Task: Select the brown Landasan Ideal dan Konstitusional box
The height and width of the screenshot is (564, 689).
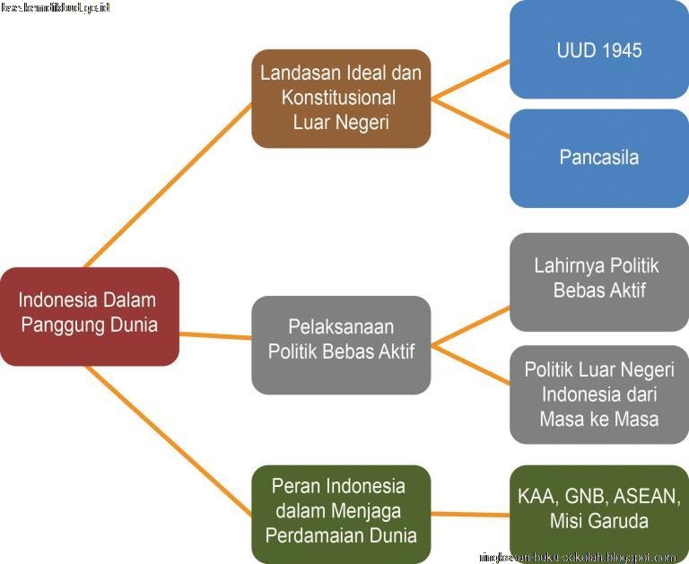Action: (341, 98)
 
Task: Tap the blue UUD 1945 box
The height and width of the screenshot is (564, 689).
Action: (598, 49)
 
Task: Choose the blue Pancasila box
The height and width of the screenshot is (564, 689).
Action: (598, 158)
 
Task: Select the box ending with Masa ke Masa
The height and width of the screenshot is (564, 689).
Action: (598, 395)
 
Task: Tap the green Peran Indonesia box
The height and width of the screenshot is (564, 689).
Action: (341, 512)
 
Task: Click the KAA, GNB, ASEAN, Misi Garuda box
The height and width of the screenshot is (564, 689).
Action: (598, 509)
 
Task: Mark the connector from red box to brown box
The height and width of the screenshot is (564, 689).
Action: (170, 184)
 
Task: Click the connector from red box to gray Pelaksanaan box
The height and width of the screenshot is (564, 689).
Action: (215, 335)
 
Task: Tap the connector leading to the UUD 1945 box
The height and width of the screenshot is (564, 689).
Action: (471, 78)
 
